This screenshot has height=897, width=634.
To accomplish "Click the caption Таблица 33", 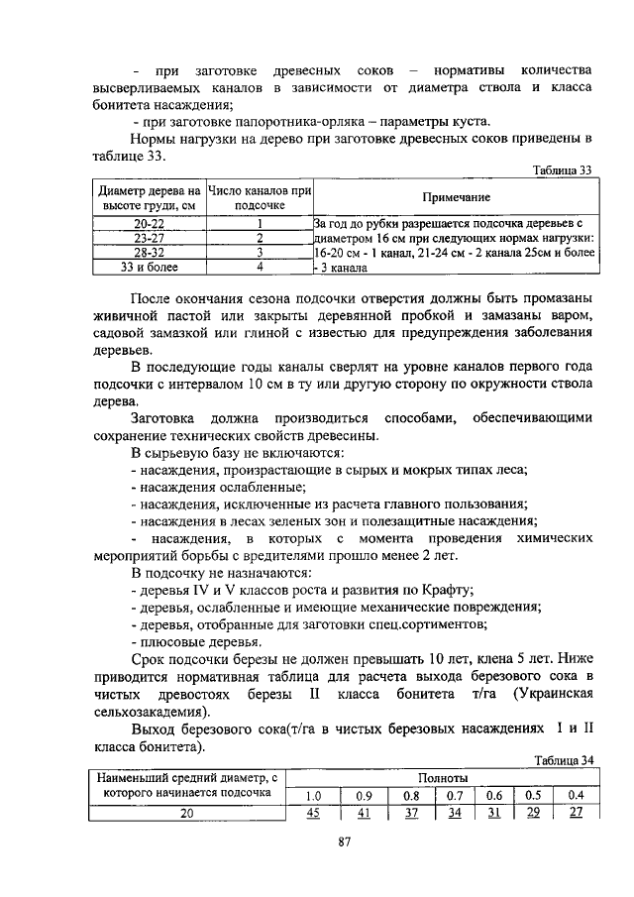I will coord(561,169).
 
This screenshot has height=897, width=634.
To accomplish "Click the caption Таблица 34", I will coord(561,760).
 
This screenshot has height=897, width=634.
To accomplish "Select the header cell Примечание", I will coord(450,197).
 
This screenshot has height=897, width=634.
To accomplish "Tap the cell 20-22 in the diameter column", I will coord(149,224).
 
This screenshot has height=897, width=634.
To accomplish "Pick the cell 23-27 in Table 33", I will coord(149,238).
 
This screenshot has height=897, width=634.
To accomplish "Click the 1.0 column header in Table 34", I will coord(313,795).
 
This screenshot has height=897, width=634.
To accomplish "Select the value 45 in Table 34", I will coord(313,813).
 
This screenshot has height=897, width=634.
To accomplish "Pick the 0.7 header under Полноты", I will coord(455,795).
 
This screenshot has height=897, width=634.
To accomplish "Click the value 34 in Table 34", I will coord(455,813).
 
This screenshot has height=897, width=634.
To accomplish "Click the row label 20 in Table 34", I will coord(185,813).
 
